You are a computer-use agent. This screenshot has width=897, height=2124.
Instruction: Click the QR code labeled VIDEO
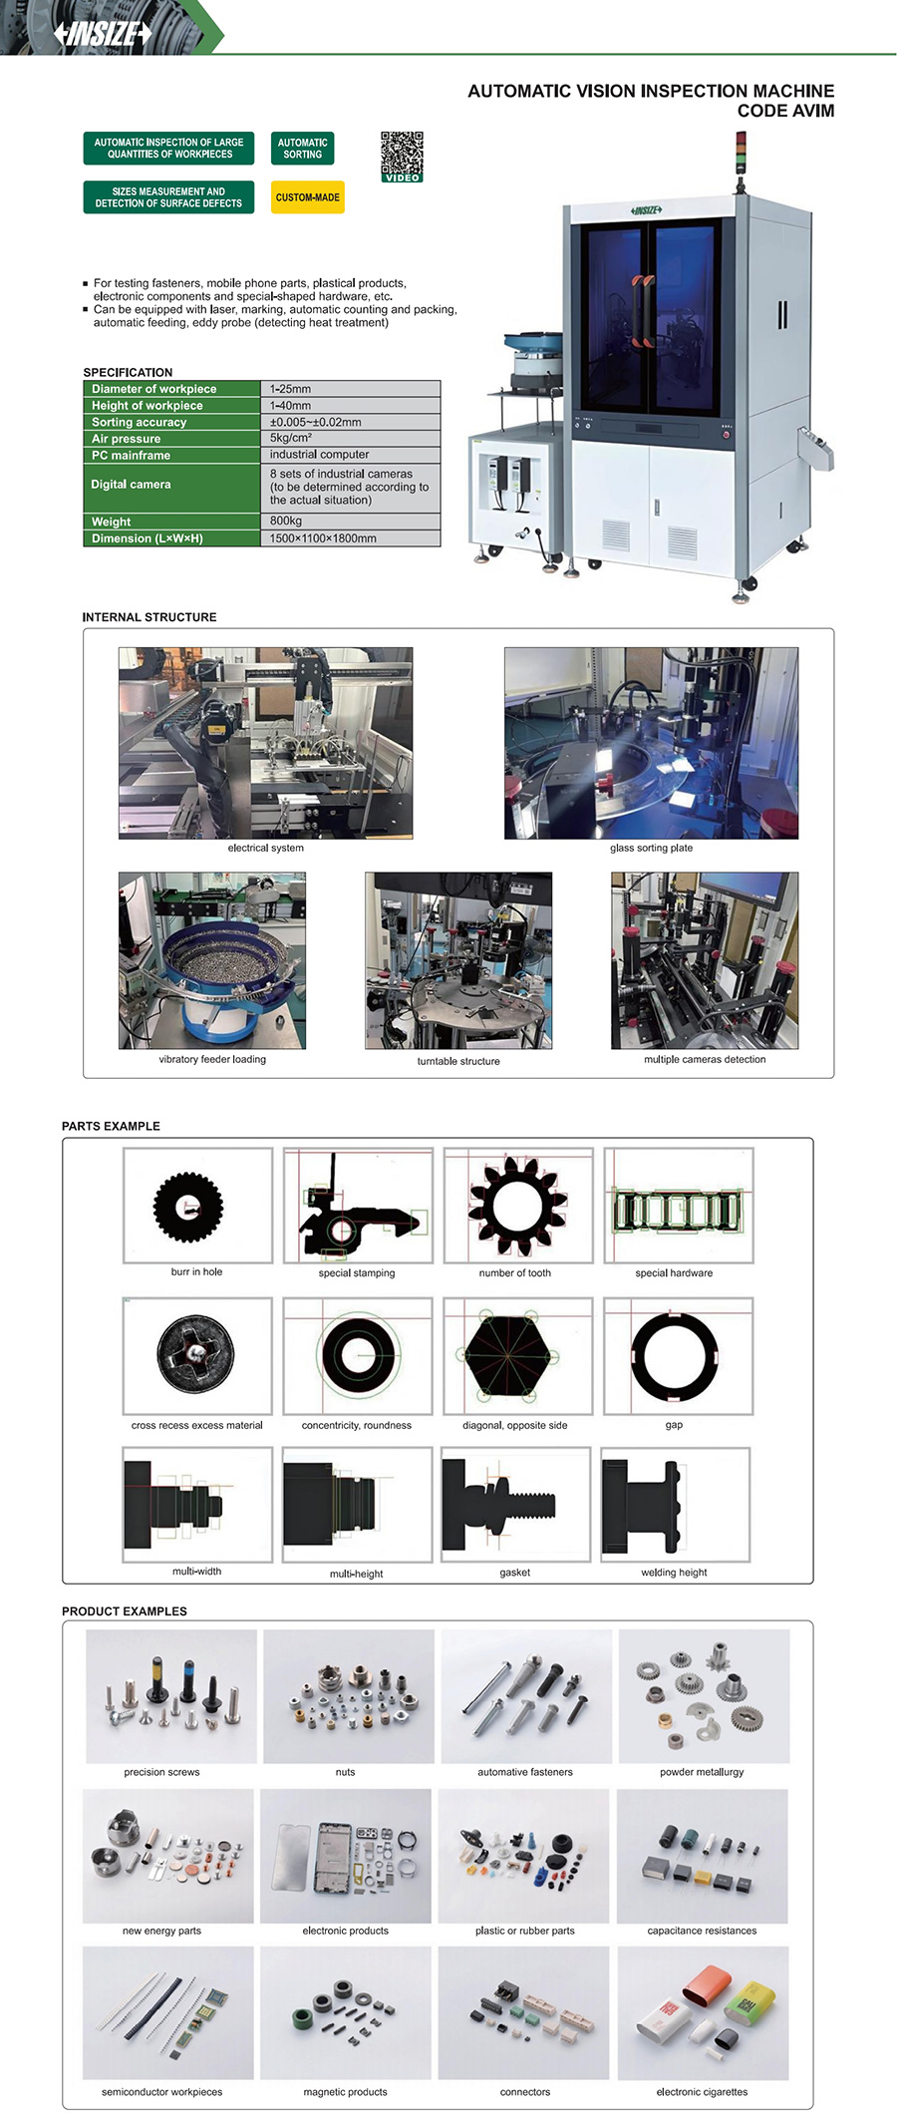tap(402, 157)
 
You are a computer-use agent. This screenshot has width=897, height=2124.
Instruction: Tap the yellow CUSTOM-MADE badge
tap(307, 197)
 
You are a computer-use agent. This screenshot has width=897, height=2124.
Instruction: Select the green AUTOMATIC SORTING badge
tap(302, 149)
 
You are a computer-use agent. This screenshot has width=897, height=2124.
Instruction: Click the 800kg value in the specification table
tap(286, 521)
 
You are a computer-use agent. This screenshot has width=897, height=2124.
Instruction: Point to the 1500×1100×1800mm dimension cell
tap(323, 538)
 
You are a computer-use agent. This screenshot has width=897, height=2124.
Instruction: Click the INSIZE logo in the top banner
tap(103, 34)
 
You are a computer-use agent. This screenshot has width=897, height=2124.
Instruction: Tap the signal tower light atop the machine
tap(740, 159)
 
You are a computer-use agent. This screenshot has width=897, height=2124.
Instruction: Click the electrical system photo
tap(265, 743)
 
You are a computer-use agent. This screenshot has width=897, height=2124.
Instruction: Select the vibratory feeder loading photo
tap(212, 960)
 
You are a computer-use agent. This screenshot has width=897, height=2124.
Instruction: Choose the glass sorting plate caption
tap(651, 848)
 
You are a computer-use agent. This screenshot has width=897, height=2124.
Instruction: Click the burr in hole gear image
tap(187, 1207)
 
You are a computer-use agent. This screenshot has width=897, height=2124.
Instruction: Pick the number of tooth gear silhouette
tap(517, 1207)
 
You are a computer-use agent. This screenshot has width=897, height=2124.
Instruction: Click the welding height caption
tap(674, 1573)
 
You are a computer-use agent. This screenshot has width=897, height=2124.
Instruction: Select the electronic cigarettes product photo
tap(703, 2013)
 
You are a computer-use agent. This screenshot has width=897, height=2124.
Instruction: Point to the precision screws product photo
tap(171, 1696)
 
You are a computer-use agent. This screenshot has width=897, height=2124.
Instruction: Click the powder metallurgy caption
tap(702, 1772)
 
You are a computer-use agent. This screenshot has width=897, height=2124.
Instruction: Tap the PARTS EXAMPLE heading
tap(111, 1126)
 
